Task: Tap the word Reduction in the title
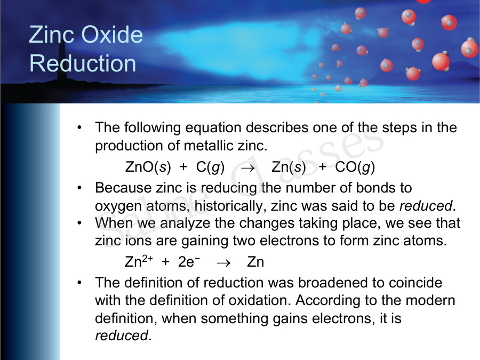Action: point(83,63)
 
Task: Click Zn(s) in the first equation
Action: point(289,167)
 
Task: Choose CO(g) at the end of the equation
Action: point(355,167)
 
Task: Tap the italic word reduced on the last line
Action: point(121,335)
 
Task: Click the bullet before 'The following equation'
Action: point(79,128)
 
